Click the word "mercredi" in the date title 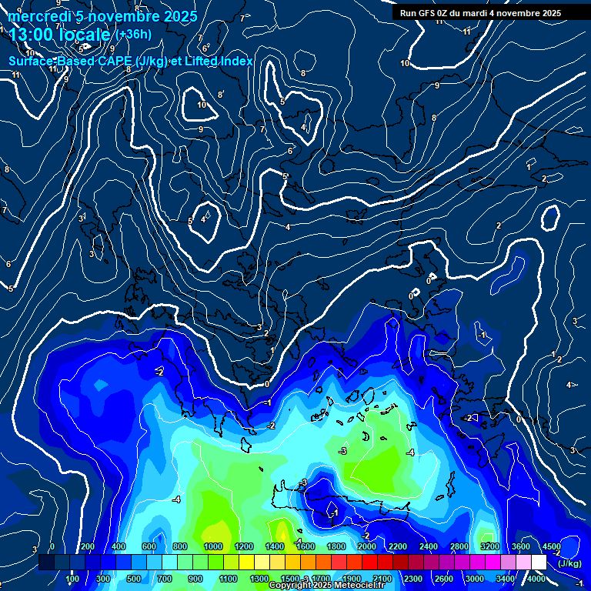pos(35,16)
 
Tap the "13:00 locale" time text pos(60,35)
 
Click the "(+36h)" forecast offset pos(134,35)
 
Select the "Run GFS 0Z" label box pos(480,12)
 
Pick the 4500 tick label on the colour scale pos(552,546)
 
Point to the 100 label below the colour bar pos(72,579)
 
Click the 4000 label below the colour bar pos(536,579)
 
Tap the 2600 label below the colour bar pos(444,579)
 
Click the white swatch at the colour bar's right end pos(539,563)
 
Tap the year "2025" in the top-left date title pos(180,16)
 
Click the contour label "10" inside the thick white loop pos(202,105)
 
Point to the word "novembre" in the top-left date pos(123,16)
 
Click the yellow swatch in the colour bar pos(262,563)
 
